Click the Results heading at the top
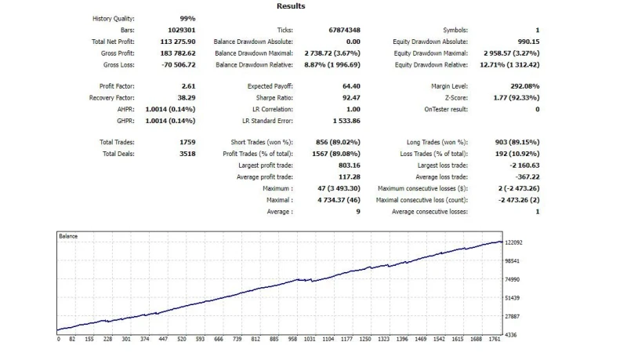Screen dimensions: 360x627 click(291, 6)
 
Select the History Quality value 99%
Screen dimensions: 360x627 click(187, 19)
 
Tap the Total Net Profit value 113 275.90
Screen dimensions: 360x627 click(178, 42)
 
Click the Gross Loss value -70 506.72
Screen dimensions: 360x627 click(177, 64)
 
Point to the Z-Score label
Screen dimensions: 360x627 click(455, 98)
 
